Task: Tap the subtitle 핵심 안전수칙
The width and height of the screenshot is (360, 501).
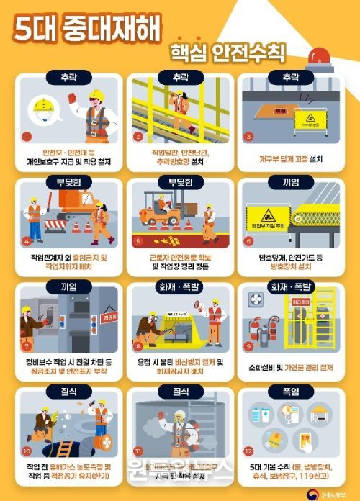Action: pos(228,52)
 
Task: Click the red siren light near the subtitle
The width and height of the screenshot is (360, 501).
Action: pos(320,57)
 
